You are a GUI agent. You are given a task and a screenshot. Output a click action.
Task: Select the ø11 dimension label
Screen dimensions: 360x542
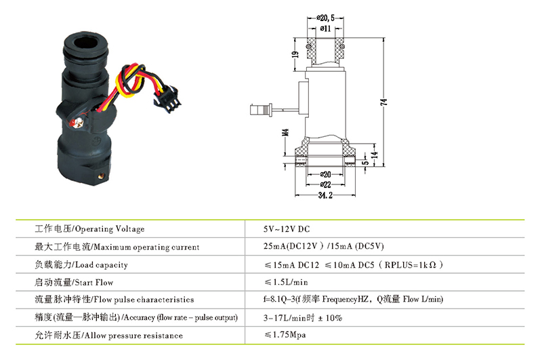tap(326, 28)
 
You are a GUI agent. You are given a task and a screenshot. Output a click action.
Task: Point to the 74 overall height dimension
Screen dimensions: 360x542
tap(384, 102)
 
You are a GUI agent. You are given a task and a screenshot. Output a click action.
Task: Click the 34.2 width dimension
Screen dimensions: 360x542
tap(325, 197)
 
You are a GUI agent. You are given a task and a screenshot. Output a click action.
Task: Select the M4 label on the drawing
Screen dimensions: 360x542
tap(285, 132)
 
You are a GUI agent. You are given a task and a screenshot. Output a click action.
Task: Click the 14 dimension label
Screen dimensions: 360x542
tap(373, 156)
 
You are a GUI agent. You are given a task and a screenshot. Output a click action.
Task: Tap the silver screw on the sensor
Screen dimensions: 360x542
tap(79, 122)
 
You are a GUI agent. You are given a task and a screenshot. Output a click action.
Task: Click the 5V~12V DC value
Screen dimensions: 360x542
tap(287, 229)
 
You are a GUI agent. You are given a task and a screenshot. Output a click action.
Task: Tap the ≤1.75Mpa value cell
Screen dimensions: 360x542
tap(287, 335)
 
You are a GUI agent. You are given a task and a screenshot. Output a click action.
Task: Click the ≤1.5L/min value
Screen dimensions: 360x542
tap(287, 282)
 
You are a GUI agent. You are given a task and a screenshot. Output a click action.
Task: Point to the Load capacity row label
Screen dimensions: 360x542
tap(81, 264)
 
